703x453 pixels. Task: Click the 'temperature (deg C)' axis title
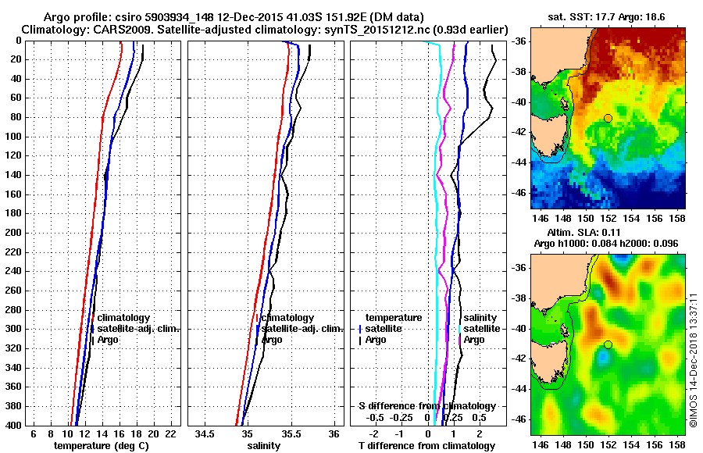101,446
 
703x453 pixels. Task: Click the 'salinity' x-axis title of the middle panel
263,446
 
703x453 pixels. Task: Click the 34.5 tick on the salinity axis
205,433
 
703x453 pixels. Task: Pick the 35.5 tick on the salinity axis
291,433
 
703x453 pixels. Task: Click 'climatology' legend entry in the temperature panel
123,318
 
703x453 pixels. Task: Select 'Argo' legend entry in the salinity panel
272,340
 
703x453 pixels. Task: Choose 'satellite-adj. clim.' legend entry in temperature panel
138,329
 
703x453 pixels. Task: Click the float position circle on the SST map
608,118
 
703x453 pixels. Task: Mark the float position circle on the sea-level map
608,344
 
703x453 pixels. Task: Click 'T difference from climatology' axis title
426,446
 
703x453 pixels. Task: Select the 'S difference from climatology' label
426,406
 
